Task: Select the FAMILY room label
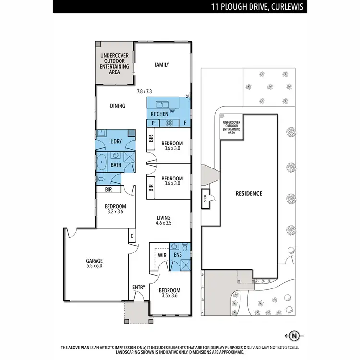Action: pos(161,65)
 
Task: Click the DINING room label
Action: pos(118,106)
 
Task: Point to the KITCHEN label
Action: pos(159,114)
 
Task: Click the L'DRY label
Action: pos(116,142)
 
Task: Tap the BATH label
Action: pos(116,165)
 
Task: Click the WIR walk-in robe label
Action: pos(162,256)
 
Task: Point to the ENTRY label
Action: pos(139,287)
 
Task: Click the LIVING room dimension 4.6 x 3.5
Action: pos(164,223)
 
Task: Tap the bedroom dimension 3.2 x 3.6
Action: pos(115,210)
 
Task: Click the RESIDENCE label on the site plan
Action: pos(248,193)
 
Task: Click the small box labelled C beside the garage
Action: pos(132,236)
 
